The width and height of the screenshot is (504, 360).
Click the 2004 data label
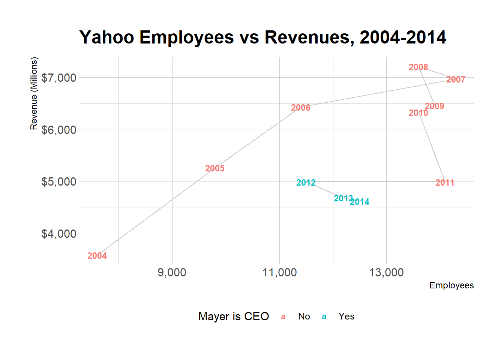pos(97,256)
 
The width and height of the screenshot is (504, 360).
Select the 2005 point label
pos(215,168)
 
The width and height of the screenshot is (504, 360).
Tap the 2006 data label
pos(301,108)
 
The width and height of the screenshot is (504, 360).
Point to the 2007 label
pos(456,79)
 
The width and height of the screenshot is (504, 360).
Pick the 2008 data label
pos(418,67)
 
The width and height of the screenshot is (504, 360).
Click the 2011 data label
pos(445,183)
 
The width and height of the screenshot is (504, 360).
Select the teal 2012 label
pos(306,183)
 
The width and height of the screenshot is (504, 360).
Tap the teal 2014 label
pos(360,202)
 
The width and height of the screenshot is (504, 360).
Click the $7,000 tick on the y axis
pos(59,78)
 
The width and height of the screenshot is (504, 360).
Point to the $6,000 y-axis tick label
pos(59,130)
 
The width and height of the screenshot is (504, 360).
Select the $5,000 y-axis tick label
pos(59,182)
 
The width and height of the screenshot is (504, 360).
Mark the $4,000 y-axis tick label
pos(59,234)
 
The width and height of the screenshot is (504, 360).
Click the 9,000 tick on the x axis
pos(172,273)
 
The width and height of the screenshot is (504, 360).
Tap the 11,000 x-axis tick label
pos(279,273)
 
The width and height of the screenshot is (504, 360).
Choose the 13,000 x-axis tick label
pos(386,273)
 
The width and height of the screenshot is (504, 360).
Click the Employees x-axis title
pos(451,285)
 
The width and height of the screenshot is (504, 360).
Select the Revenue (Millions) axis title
pos(34,93)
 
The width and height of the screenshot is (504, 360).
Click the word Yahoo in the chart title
pos(107,37)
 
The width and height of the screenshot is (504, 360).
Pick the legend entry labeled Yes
pos(346,316)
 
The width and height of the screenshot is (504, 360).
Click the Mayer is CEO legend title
pos(234,316)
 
